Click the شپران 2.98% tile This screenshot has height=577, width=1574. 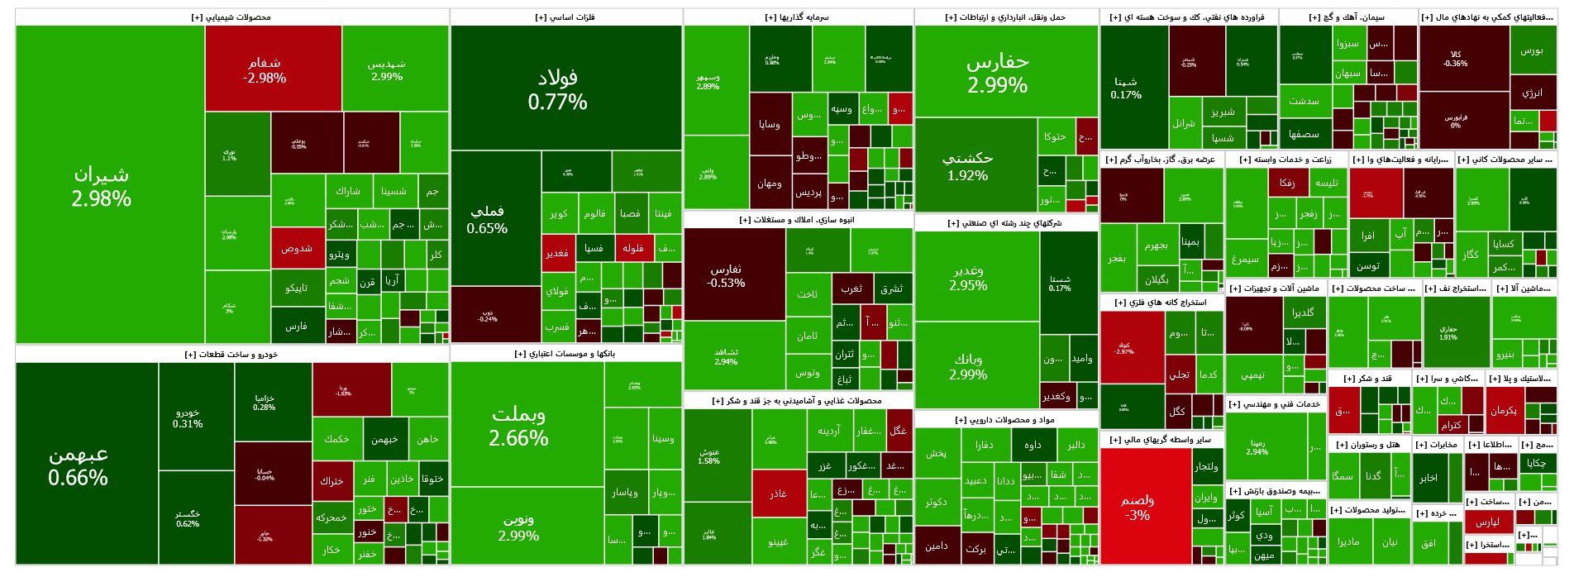tap(101, 186)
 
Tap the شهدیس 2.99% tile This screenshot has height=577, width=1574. tap(387, 69)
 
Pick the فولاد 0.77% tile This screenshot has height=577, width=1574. tap(558, 89)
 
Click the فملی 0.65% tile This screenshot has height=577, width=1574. tap(488, 220)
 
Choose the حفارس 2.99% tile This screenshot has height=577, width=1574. tap(998, 73)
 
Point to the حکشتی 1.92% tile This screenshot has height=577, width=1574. tap(968, 166)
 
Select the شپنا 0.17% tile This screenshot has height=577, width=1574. tap(1126, 88)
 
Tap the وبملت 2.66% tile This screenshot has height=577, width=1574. tap(519, 425)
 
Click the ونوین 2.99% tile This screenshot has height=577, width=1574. tap(519, 527)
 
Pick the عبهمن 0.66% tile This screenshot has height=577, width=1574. tap(79, 465)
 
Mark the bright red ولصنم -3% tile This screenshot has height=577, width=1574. tap(1138, 507)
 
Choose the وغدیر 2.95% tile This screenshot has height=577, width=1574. tap(968, 278)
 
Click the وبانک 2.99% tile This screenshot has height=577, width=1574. tap(968, 366)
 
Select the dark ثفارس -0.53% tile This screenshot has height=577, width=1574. tap(726, 275)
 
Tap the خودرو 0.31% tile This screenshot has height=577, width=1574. tap(188, 418)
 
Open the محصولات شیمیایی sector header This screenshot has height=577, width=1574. tap(231, 17)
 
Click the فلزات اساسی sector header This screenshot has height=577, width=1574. tap(565, 17)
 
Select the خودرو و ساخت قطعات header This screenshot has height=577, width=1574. tap(231, 355)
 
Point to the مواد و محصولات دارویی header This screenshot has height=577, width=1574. tap(1005, 420)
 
